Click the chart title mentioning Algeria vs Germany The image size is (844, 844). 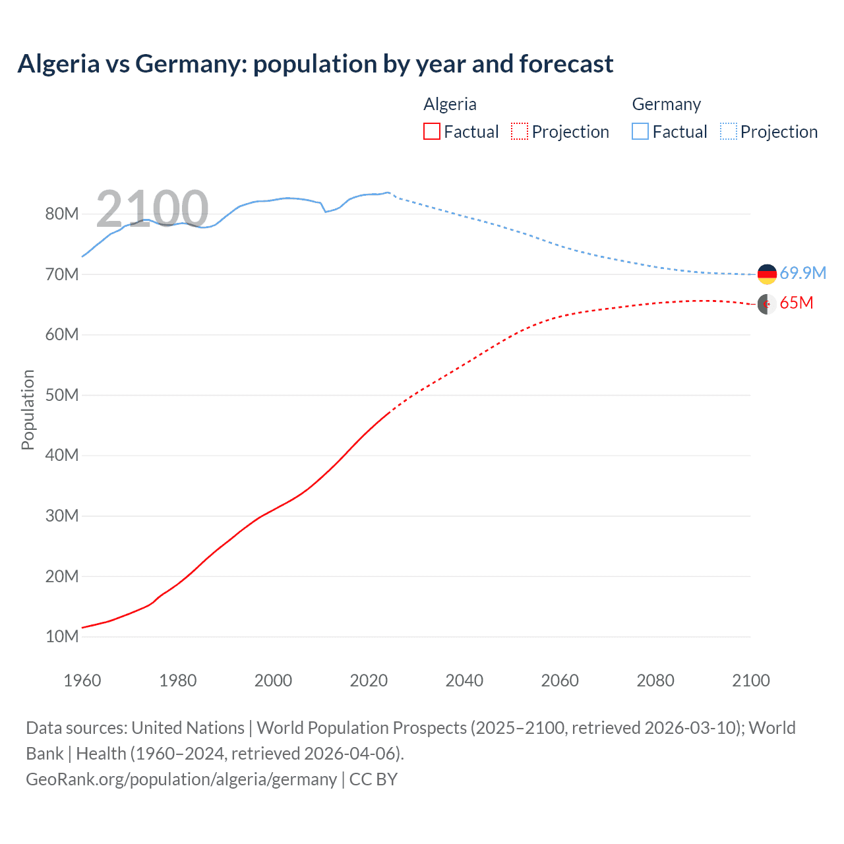[x=315, y=64]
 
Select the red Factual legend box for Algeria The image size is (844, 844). [x=431, y=131]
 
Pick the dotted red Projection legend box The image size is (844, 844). [x=520, y=131]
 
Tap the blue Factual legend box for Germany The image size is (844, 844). [x=640, y=131]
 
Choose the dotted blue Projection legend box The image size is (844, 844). [x=729, y=131]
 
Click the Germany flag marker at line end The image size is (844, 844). [x=767, y=274]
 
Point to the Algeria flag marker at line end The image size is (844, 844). [x=767, y=304]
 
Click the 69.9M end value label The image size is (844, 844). [x=802, y=273]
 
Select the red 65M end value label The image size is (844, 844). [x=796, y=303]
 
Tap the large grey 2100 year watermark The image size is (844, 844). [x=152, y=208]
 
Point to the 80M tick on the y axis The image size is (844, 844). [x=62, y=214]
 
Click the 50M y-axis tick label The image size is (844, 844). [x=62, y=395]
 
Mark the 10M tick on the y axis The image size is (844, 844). [x=62, y=636]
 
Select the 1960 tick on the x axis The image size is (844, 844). [x=82, y=680]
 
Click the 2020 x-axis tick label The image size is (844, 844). [x=369, y=680]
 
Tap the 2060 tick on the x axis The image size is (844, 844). [x=560, y=680]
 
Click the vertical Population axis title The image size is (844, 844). [x=28, y=409]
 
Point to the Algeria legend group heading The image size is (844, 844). [x=450, y=104]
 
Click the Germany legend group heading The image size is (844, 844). [x=666, y=104]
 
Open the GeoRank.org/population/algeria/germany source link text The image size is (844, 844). [x=181, y=779]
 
